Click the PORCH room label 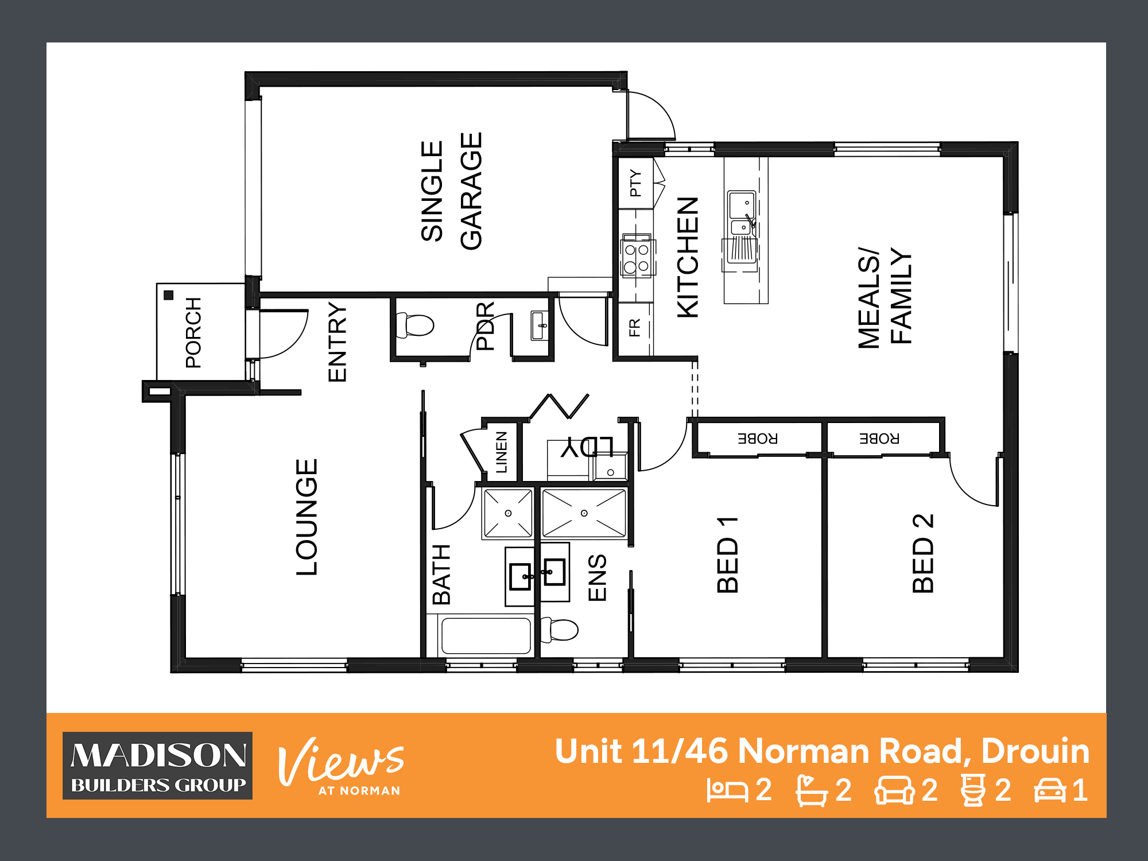[193, 332]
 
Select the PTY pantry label [635, 183]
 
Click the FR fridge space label [634, 328]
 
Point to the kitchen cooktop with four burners [637, 257]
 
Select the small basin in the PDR [540, 325]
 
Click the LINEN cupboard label [501, 452]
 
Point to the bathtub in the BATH [486, 635]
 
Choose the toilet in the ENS [559, 630]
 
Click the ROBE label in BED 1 [758, 439]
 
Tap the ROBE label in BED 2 [879, 439]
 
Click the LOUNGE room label [307, 517]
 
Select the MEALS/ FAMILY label [885, 298]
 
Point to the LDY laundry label [587, 447]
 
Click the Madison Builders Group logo [158, 766]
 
